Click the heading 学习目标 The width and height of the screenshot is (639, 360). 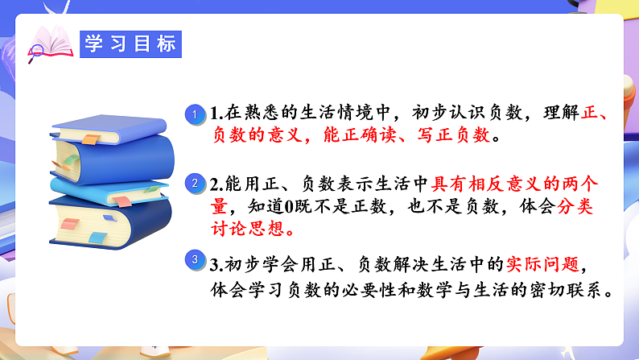coord(131,45)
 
